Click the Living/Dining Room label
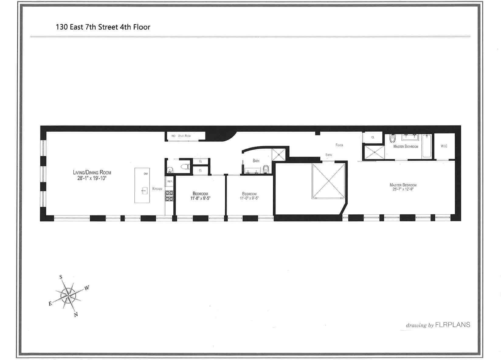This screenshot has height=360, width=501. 92,172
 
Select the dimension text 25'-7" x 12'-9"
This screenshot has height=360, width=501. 403,189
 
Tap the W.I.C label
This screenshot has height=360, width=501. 444,146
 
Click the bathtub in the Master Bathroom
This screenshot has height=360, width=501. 426,147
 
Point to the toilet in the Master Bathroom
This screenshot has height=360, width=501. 392,139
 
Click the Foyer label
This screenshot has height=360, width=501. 339,145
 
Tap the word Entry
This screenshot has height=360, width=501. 329,155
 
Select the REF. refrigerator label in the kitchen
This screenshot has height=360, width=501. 170,182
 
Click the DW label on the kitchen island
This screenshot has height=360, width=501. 146,174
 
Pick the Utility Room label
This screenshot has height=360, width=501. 184,136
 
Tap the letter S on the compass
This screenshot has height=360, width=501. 61,277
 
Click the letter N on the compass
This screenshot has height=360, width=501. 76,315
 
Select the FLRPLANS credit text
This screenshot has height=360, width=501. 452,325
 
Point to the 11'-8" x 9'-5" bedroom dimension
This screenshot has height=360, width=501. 200,198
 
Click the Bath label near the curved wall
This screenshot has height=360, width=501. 256,161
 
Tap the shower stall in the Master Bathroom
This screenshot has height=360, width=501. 374,152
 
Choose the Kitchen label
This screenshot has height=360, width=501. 157,189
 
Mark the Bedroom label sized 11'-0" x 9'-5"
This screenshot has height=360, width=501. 249,194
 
